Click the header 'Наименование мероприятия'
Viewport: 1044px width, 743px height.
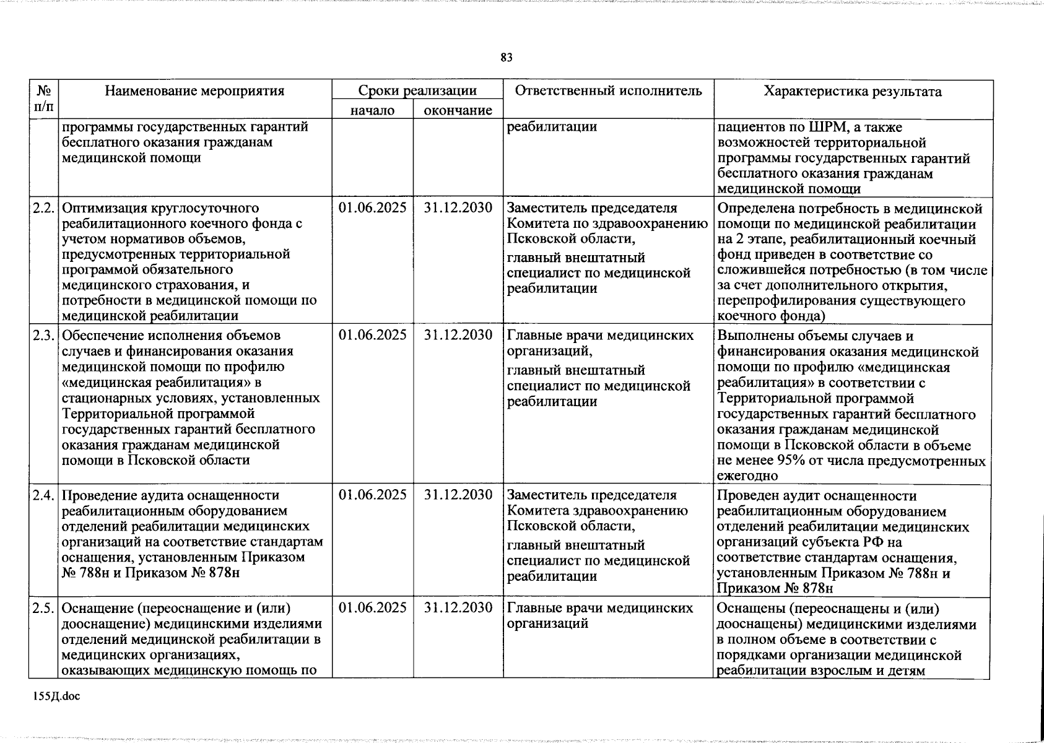194,91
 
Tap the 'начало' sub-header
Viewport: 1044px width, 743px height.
372,110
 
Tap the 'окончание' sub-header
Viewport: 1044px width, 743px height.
458,110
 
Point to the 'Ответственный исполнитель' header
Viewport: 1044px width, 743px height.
609,91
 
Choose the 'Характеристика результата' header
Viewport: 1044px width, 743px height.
853,92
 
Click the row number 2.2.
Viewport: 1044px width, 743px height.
44,208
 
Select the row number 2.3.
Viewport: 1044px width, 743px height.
44,336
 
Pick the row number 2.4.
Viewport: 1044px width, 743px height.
44,495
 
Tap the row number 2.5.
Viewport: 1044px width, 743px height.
44,608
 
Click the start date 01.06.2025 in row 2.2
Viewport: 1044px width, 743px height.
372,208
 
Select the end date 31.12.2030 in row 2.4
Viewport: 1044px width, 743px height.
458,495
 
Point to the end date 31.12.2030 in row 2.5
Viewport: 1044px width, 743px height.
458,608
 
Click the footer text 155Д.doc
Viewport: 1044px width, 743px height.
57,697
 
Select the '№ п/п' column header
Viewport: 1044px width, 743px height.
44,98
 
